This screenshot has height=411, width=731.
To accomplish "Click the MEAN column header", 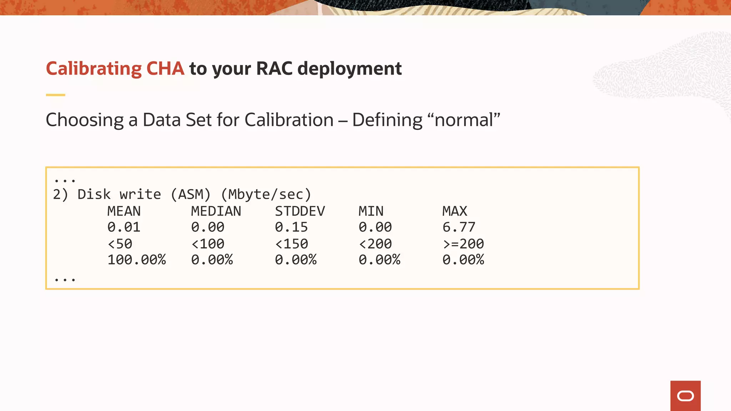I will click(x=124, y=211).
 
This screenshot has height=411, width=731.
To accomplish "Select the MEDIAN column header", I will click(x=216, y=211).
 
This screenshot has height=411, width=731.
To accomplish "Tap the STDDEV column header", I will click(x=300, y=211).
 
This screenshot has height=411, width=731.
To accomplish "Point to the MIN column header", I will click(x=371, y=211).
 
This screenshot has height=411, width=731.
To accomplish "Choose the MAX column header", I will click(x=455, y=211).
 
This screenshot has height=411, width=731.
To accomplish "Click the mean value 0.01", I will click(x=124, y=227).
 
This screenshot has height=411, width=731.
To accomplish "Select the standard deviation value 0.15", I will click(x=291, y=227).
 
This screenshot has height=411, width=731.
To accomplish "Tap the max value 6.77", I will click(x=459, y=227).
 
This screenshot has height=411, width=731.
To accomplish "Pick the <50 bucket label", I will click(x=120, y=244).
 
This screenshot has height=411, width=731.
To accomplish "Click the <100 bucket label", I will click(x=208, y=244).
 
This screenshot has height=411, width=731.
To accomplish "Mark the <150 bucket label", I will click(x=291, y=244).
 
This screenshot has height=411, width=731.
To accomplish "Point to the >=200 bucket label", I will click(x=463, y=244).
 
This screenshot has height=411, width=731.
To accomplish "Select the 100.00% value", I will click(x=137, y=260).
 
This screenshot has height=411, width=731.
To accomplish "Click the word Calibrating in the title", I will click(x=94, y=68).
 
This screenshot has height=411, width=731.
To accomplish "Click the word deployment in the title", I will click(x=349, y=68).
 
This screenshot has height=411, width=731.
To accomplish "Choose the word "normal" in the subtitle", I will click(x=467, y=120).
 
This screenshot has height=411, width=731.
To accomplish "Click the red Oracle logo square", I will click(x=685, y=396).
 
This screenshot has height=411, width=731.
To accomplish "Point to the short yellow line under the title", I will click(x=56, y=95).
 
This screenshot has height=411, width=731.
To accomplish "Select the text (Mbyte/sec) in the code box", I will click(x=266, y=194).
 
